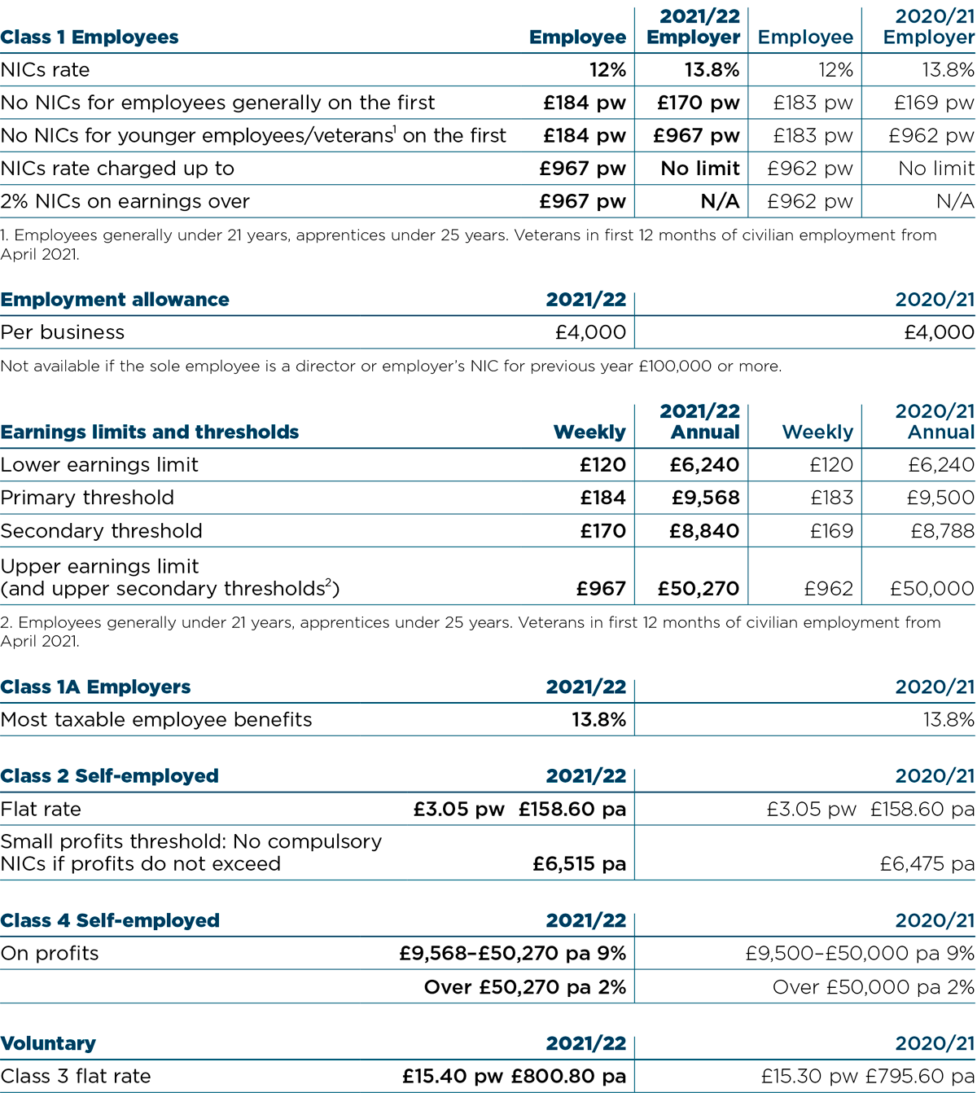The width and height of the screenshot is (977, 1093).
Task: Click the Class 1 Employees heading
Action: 90,37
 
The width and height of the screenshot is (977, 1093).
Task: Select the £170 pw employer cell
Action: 698,103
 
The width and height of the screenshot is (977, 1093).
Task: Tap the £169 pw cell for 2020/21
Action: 933,103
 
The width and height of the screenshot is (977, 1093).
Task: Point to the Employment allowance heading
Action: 115,300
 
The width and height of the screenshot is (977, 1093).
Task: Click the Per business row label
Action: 63,332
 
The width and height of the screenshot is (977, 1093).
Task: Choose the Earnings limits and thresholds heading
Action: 150,432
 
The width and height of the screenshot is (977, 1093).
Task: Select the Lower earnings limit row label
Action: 99,465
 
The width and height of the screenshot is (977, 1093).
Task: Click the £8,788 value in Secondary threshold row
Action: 942,531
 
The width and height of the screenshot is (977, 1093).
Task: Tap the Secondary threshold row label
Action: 101,531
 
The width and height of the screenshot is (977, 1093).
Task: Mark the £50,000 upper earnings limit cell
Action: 931,589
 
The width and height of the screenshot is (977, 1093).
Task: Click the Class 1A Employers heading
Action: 95,687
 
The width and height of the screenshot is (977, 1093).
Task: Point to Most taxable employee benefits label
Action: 156,720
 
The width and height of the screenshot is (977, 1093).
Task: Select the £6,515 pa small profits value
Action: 579,864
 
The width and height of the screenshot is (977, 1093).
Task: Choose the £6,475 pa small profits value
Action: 927,864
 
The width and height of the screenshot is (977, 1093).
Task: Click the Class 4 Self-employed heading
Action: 110,921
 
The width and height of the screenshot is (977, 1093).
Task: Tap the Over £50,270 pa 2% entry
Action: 524,988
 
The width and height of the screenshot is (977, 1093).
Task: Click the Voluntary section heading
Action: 48,1044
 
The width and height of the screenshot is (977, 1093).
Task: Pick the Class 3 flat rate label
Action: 76,1077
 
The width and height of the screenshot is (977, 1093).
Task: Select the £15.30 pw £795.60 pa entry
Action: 867,1077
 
